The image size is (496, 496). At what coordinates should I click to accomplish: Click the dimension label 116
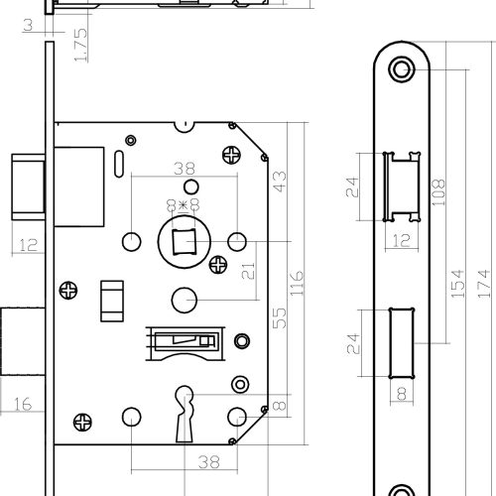(x=297, y=283)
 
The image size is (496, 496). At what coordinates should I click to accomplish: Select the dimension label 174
(x=484, y=284)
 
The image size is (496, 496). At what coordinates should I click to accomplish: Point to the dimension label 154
(x=458, y=284)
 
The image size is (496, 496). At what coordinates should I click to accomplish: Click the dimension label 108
(x=438, y=192)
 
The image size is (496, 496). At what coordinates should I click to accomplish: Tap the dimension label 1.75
(x=80, y=45)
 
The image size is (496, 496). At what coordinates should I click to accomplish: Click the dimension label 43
(x=280, y=182)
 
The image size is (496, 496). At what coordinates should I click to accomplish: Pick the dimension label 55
(x=280, y=318)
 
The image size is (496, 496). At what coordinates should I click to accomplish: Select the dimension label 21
(x=248, y=271)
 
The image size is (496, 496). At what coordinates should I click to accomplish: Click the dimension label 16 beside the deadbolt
(x=23, y=404)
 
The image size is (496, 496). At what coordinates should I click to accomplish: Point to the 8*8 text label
(x=184, y=205)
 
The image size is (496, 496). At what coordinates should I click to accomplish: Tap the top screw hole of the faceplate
(x=402, y=69)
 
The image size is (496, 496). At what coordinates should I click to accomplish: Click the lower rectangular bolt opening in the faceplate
(x=402, y=343)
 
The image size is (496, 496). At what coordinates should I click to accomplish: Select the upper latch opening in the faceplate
(x=402, y=186)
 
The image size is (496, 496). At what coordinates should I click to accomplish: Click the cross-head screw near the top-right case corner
(x=231, y=155)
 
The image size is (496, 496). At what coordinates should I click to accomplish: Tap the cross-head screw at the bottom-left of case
(x=82, y=423)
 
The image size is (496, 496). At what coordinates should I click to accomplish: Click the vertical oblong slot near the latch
(x=119, y=164)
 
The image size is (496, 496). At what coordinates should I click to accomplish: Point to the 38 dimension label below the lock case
(x=209, y=462)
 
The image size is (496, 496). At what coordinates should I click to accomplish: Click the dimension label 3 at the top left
(x=28, y=25)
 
